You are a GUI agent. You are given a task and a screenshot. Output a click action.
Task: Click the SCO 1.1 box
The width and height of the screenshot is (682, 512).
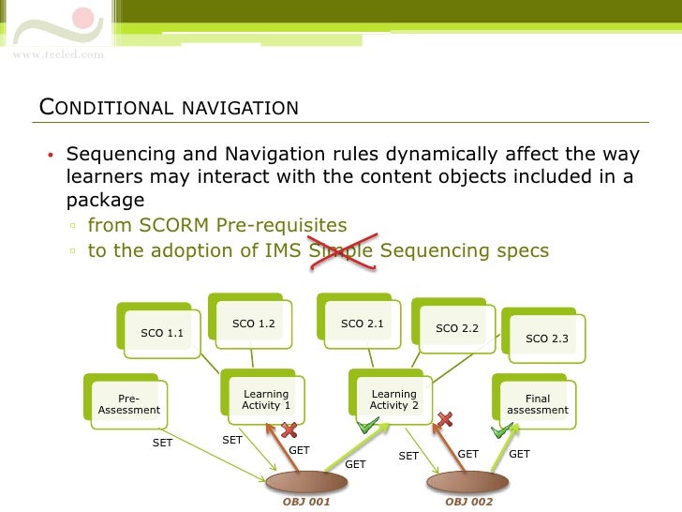(162, 332)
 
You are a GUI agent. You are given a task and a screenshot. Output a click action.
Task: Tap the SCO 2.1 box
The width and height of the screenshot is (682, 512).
(363, 324)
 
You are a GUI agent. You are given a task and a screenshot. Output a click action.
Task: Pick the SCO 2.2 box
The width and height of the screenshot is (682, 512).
(457, 328)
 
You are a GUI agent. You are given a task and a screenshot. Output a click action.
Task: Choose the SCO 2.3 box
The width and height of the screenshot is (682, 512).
(547, 339)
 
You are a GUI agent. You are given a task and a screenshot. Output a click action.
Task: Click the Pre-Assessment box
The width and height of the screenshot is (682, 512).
(129, 404)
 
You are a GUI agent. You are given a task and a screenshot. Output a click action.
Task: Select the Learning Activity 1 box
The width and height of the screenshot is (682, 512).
(266, 400)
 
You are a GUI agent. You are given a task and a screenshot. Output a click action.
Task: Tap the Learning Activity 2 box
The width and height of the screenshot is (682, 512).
(393, 400)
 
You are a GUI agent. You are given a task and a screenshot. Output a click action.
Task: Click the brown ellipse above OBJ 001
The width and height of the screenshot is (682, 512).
(306, 482)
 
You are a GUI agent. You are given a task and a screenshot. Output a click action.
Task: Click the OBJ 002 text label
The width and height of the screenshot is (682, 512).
(468, 502)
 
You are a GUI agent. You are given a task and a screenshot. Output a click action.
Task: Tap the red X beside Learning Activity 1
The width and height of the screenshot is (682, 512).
(289, 430)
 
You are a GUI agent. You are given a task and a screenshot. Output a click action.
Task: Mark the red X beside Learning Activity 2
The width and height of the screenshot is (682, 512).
(446, 418)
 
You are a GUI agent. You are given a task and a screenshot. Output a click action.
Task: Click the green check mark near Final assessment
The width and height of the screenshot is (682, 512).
(503, 430)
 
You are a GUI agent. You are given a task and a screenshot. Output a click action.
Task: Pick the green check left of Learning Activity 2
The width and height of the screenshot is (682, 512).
(368, 427)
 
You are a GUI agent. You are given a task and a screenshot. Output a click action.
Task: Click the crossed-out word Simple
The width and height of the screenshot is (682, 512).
(341, 250)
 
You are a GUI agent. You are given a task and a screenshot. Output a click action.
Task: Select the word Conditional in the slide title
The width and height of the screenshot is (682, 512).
(104, 107)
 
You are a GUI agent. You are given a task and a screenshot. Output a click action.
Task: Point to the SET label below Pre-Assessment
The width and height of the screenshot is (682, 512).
(162, 443)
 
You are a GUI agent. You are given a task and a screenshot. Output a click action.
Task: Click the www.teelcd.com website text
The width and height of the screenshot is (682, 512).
(58, 54)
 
